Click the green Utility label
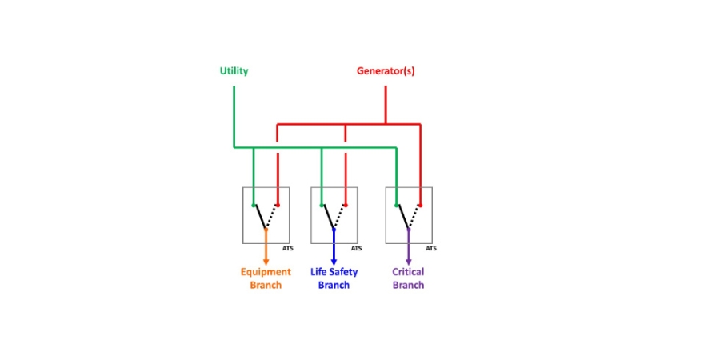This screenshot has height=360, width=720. [x=234, y=71]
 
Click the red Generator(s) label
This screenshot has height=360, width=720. [x=386, y=71]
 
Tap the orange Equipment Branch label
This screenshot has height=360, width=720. [x=266, y=278]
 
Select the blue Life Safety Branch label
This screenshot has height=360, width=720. [x=334, y=278]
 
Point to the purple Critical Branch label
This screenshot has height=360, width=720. [x=408, y=278]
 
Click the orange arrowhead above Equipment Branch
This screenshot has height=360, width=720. [x=266, y=262]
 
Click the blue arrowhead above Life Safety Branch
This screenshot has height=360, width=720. [x=334, y=262]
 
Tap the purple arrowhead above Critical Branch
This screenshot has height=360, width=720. [x=408, y=262]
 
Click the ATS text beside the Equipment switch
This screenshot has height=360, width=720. [x=288, y=249]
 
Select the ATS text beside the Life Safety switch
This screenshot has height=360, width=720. [x=356, y=249]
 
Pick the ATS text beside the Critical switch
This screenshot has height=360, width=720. [x=430, y=249]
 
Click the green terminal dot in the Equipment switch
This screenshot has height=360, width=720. [x=253, y=206]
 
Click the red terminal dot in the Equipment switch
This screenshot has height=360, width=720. [x=278, y=206]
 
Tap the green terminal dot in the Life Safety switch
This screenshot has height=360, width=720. [x=322, y=206]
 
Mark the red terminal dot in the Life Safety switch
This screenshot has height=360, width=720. [x=346, y=206]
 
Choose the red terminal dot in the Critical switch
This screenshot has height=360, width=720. [x=420, y=206]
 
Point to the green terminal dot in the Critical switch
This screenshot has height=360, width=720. [x=396, y=206]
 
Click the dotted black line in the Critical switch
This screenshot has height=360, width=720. [x=414, y=217]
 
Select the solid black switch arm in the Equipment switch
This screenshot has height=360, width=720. [x=259, y=217]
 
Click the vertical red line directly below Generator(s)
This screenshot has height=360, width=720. [x=386, y=105]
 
